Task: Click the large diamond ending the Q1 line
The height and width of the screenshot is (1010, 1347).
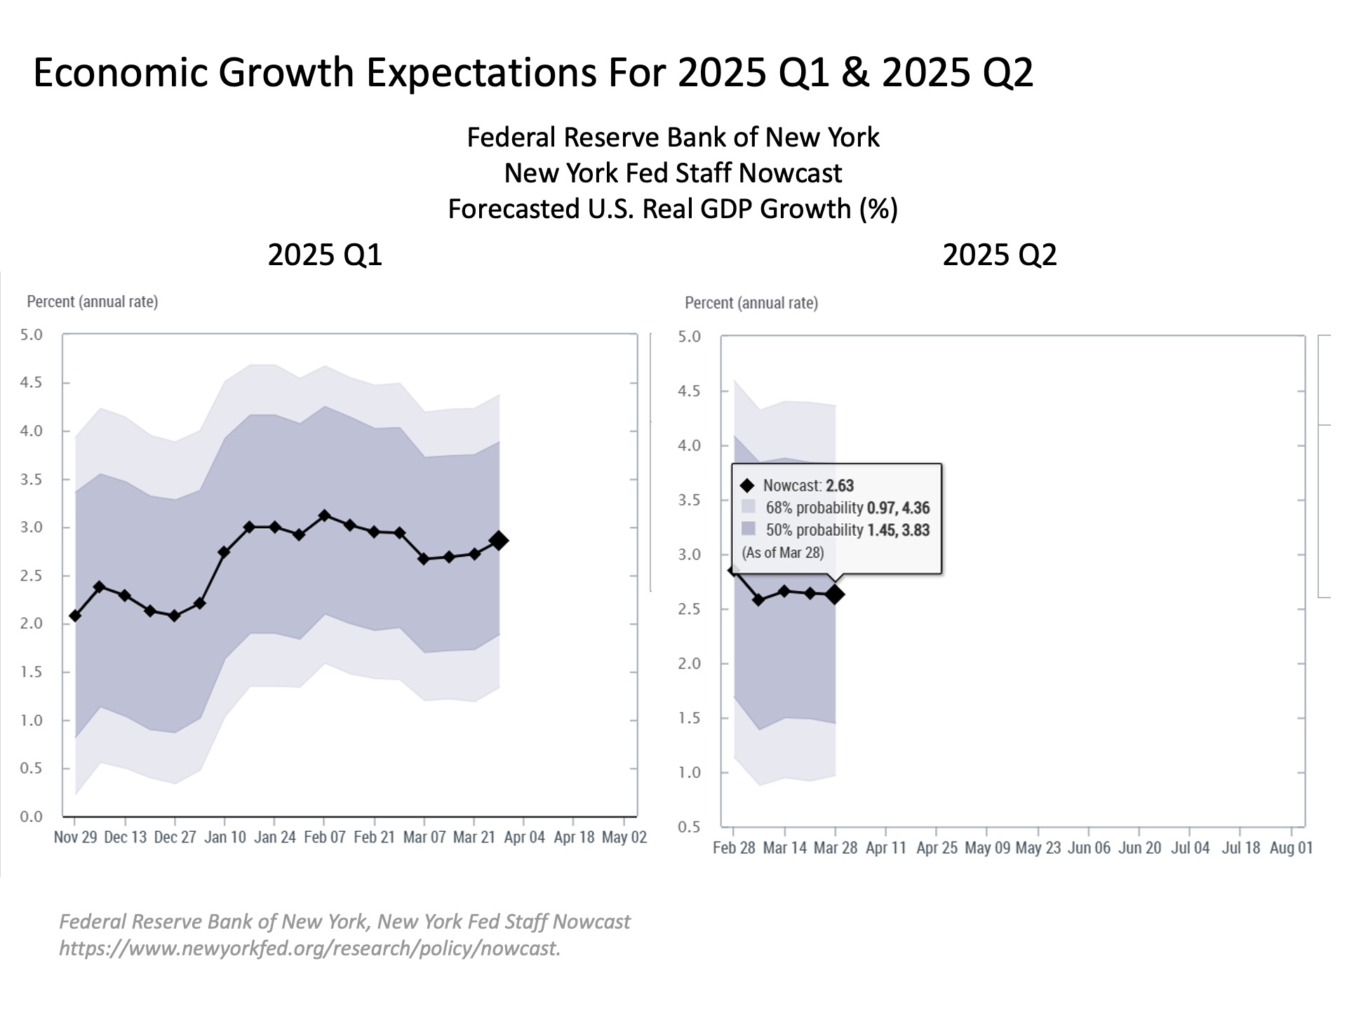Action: (499, 541)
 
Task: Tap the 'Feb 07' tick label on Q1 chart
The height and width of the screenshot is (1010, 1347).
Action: (324, 837)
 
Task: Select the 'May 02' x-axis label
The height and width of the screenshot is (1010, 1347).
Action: (624, 837)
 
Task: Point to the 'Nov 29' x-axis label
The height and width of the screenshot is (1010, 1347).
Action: (75, 837)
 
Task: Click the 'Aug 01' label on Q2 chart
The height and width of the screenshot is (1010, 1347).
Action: (1291, 848)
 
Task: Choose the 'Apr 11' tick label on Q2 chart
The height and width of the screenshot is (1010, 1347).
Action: (886, 848)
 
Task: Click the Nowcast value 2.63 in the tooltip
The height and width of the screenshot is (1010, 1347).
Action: (839, 485)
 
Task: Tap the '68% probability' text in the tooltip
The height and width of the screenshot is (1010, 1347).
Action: (814, 508)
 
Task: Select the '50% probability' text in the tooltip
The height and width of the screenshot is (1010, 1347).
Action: (814, 530)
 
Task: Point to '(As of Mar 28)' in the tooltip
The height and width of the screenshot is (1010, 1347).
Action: (783, 553)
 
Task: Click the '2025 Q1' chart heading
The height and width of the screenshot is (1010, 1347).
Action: (325, 255)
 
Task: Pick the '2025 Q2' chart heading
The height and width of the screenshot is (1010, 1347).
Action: (999, 255)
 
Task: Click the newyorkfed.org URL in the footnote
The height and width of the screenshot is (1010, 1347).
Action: (309, 948)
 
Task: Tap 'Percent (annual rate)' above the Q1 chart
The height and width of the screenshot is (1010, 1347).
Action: (92, 302)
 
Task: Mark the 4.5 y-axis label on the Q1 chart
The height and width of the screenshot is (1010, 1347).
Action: (32, 383)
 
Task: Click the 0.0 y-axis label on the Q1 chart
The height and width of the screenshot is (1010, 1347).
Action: (32, 816)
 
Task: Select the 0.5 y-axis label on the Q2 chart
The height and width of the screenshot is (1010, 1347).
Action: (689, 827)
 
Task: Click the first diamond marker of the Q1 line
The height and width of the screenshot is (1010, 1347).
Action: (75, 616)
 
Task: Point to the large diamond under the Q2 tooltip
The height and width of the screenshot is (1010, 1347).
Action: (835, 595)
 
